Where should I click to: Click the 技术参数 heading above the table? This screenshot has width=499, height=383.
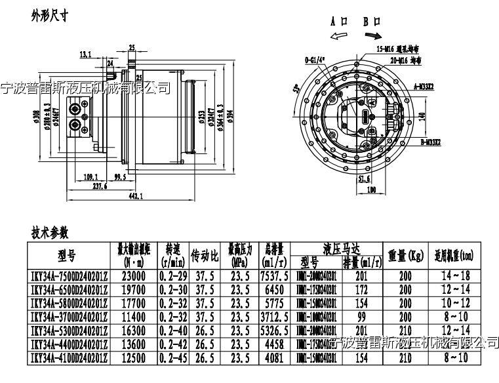click(x=50, y=233)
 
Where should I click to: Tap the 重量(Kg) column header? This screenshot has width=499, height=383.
click(x=399, y=254)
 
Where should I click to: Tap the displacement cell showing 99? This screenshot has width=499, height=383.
click(x=362, y=315)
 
